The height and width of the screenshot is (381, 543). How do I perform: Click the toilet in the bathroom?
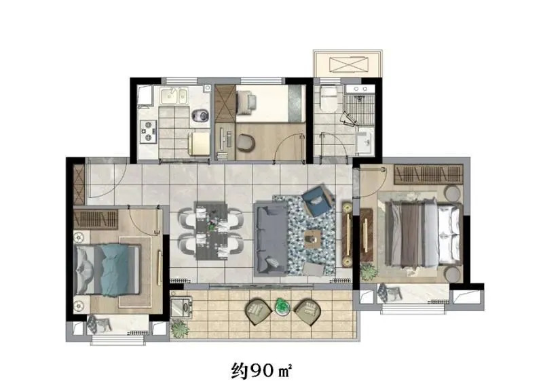(x=329, y=98)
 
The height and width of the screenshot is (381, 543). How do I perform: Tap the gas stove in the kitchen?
(x=148, y=132)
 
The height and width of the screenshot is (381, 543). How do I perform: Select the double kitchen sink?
(x=174, y=96)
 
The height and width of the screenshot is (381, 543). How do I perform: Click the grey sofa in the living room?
(x=271, y=239)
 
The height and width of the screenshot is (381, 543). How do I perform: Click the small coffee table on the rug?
(x=313, y=239)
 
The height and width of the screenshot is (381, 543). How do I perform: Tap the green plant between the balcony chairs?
(x=282, y=306)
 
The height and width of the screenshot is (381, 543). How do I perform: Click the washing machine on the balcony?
(x=181, y=308)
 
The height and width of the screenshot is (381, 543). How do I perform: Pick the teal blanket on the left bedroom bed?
(x=115, y=270)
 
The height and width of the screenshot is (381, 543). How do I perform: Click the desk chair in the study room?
(x=246, y=142)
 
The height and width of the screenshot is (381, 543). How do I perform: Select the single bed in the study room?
(x=270, y=103)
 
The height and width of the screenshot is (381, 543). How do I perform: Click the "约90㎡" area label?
(x=261, y=370)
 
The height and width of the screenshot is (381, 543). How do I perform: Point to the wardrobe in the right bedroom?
(x=428, y=174)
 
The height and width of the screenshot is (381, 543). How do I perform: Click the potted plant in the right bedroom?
(x=368, y=271)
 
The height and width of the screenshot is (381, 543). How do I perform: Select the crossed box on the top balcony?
(x=348, y=66)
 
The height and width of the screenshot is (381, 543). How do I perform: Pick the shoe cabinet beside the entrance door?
(x=79, y=184)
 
